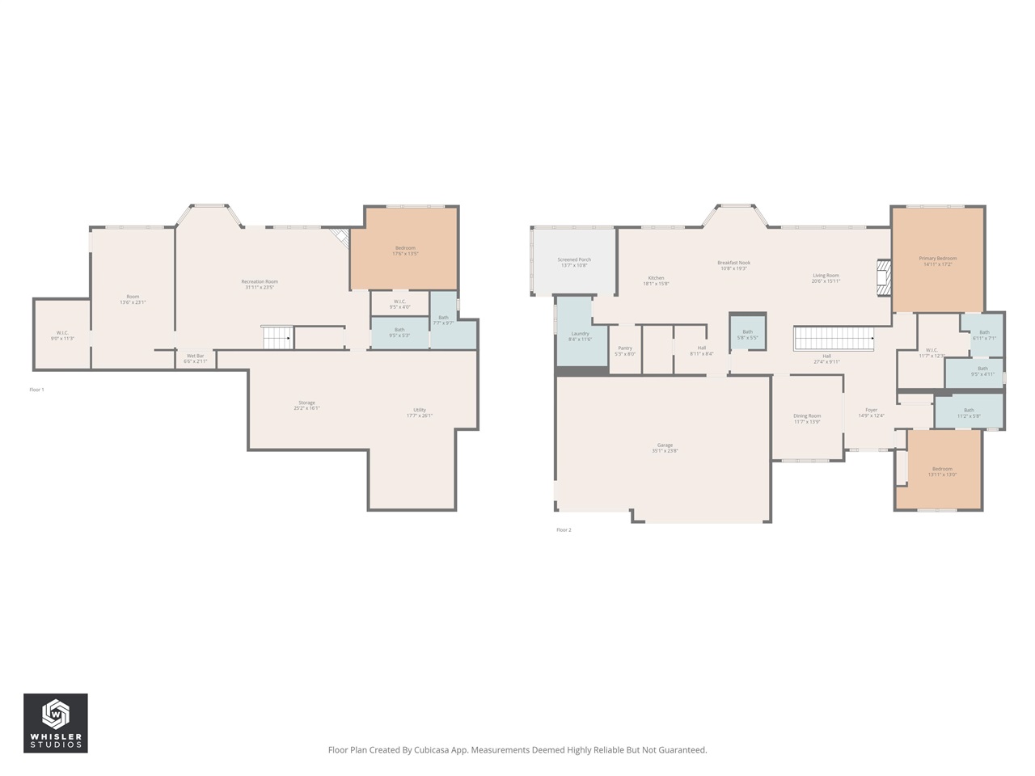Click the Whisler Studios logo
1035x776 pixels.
click(x=55, y=723)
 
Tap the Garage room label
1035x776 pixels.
click(x=665, y=448)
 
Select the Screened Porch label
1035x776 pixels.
click(x=574, y=262)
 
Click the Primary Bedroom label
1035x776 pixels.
click(x=938, y=261)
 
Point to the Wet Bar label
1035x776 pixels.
click(x=196, y=358)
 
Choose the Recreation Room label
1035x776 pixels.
click(x=260, y=284)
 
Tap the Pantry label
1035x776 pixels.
click(x=625, y=351)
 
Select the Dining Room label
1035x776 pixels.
click(x=807, y=419)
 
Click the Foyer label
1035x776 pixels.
click(x=871, y=412)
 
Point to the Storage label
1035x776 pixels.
click(x=306, y=405)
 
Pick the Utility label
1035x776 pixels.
click(x=420, y=412)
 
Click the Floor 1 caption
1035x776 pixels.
click(x=36, y=390)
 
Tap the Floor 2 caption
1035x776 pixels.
click(x=564, y=530)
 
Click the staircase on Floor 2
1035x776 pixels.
click(x=834, y=339)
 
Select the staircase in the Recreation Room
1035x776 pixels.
click(x=277, y=337)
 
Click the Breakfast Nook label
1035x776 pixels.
click(x=733, y=265)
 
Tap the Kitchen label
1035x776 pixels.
click(x=656, y=280)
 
